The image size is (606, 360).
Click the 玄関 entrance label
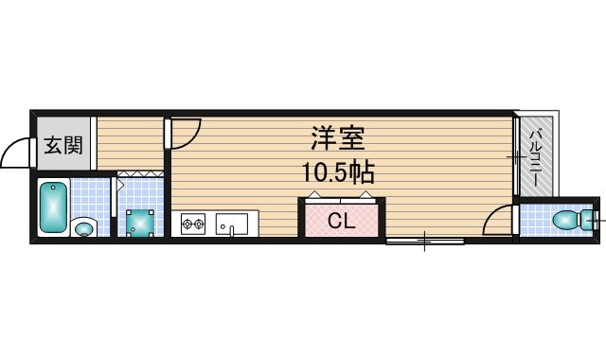coord(63,146)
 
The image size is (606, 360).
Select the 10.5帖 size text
coord(338,173)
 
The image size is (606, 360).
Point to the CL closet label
coord(342,222)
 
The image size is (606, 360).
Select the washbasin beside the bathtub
coord(83,227)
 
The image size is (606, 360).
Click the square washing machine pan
coord(141,223)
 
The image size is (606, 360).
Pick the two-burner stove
coord(194,225)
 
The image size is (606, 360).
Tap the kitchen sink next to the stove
coord(231,225)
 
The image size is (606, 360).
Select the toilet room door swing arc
coord(496,221)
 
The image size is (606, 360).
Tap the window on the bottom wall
coord(425,242)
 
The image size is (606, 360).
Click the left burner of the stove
coord(187,225)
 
